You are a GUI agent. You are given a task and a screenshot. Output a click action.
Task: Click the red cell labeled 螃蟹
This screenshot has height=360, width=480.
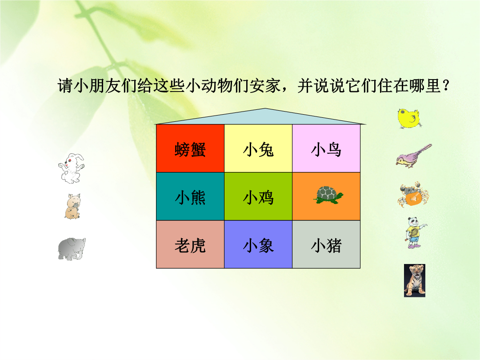coord(190,148)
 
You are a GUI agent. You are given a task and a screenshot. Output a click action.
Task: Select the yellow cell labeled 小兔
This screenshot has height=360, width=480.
coord(258,148)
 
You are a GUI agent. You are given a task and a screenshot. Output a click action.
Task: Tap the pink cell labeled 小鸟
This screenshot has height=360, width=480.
coord(326,148)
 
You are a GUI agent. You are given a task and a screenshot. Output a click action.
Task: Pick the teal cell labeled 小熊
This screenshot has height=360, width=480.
coord(190,196)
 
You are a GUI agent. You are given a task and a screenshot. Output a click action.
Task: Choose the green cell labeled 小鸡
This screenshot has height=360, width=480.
coord(258,196)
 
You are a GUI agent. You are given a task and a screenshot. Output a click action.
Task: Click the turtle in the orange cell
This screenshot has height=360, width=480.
coord(328,195)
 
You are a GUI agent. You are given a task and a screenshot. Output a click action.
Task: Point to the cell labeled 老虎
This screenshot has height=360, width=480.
coord(190,244)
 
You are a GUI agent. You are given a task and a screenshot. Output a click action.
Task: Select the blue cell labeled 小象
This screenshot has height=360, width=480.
coord(258,244)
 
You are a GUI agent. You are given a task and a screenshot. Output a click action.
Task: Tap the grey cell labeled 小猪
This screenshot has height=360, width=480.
coord(326,244)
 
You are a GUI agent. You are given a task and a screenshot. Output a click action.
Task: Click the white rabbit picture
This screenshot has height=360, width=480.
coord(71,168)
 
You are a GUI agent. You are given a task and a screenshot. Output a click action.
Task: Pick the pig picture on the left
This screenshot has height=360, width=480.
coord(72,206)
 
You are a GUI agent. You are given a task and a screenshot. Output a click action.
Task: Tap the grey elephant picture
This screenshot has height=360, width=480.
coord(72,249)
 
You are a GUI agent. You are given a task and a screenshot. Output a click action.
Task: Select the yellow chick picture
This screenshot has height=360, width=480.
coord(409,119)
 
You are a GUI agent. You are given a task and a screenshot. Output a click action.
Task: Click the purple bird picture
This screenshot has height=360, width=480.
coord(413,156)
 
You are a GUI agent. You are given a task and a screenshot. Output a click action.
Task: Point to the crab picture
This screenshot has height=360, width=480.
coord(413,195)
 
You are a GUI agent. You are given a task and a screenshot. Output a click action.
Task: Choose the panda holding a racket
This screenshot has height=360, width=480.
coord(415,233)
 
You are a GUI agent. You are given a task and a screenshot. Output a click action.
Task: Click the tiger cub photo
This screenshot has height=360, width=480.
coord(415,281)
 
